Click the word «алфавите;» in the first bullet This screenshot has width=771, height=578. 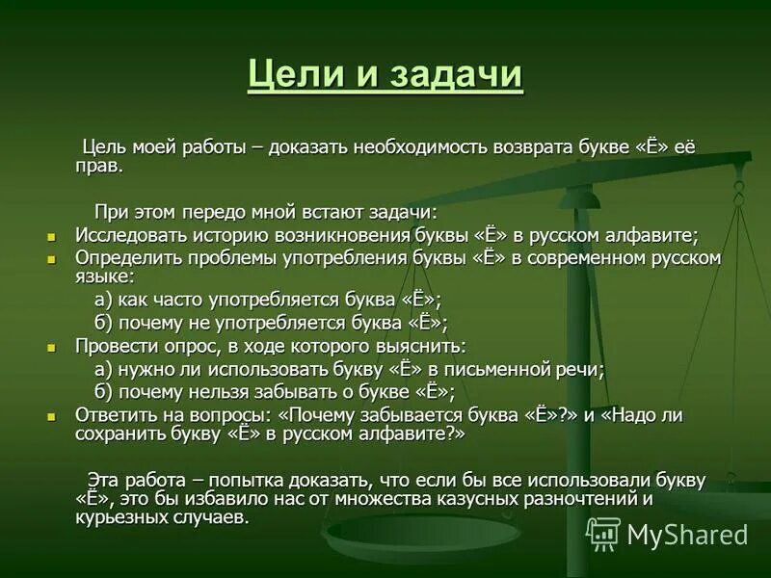click(x=651, y=235)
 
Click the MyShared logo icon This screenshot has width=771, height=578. click(x=603, y=534)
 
